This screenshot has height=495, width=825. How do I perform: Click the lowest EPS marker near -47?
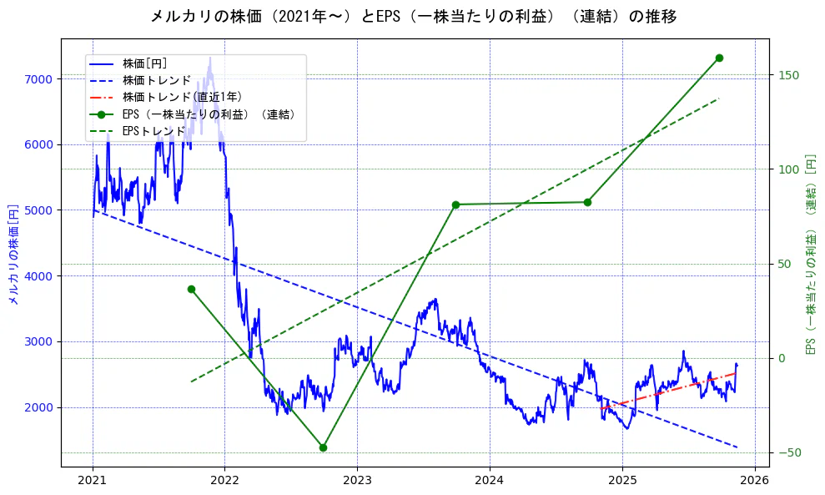pos(323,447)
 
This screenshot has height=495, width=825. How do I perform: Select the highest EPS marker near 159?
pos(719,58)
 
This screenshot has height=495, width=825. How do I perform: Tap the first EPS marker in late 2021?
pos(191,289)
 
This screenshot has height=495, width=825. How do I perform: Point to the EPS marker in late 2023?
pos(455,205)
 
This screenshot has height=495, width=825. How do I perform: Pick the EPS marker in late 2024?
pos(587,202)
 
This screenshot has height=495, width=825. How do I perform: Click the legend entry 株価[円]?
pos(145,63)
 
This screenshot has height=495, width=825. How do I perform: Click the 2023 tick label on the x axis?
pos(357,482)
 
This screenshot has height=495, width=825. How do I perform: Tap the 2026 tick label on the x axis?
pos(754,482)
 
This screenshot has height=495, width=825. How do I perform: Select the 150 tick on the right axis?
pos(788,75)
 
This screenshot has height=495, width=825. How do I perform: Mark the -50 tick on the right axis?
pos(788,452)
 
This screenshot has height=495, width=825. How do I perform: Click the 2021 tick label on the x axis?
pos(93,482)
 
